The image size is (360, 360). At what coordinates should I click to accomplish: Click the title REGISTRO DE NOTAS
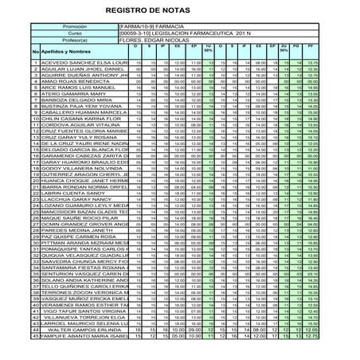point(179,10)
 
